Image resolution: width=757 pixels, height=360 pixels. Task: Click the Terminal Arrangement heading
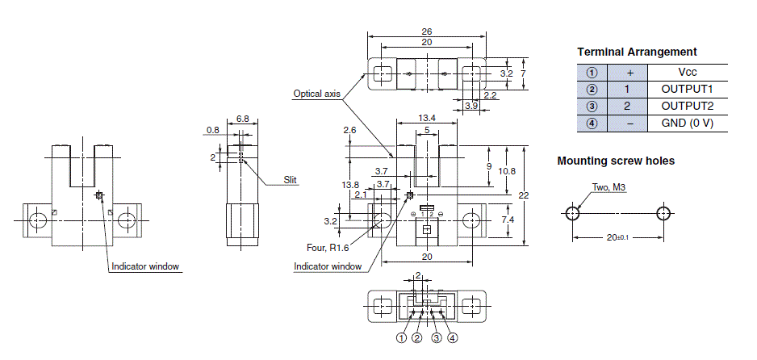coord(637,52)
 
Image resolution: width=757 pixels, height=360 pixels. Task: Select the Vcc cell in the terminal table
coord(688,72)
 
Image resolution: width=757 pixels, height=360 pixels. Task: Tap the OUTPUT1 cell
coord(688,89)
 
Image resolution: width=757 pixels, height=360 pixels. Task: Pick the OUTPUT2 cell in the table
coord(688,106)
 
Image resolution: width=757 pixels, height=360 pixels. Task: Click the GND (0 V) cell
coord(688,123)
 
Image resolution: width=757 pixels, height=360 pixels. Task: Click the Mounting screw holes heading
coord(616,161)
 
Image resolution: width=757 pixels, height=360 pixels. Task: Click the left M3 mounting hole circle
coord(572,214)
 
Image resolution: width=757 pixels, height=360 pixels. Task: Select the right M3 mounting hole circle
coord(663,214)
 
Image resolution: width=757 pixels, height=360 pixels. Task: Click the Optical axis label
coord(316,94)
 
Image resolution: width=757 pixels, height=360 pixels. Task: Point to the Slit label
coord(291,179)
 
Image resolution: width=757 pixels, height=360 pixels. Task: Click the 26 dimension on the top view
coord(426,31)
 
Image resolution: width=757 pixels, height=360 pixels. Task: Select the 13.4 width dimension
coord(427,118)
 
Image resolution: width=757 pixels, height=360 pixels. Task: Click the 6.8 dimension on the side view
coord(242,119)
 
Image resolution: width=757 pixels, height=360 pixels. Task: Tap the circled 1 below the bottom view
coord(401,338)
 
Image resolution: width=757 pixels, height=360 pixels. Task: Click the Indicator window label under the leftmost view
coord(145,266)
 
